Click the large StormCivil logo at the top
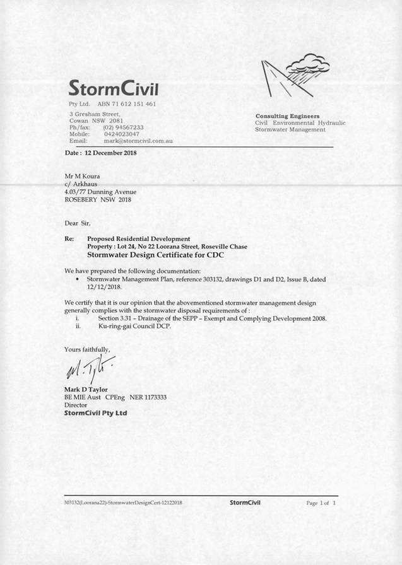[114, 86]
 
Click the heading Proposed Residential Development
[138, 239]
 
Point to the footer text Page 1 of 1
[321, 503]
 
